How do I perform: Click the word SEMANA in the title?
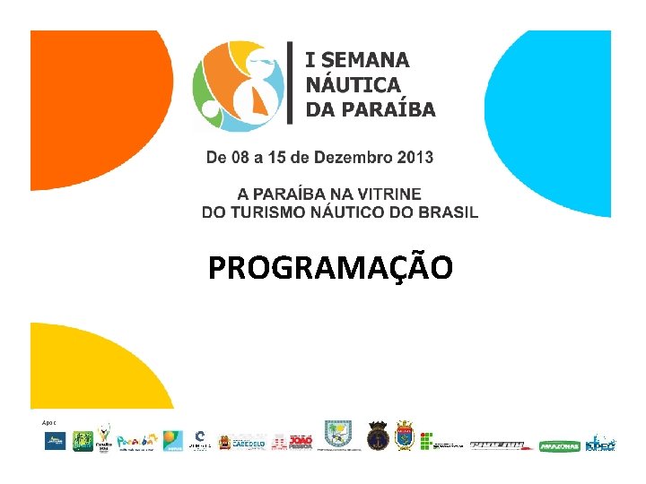tap(366, 60)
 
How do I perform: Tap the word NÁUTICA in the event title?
tap(353, 85)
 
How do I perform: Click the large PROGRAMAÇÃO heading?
tap(330, 267)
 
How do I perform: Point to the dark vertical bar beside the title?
tap(289, 82)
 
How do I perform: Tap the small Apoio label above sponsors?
tap(48, 421)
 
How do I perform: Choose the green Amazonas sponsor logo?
tap(560, 445)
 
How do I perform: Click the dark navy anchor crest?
tap(378, 435)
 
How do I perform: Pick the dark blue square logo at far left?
tap(56, 441)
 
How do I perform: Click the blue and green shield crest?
tap(338, 435)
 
